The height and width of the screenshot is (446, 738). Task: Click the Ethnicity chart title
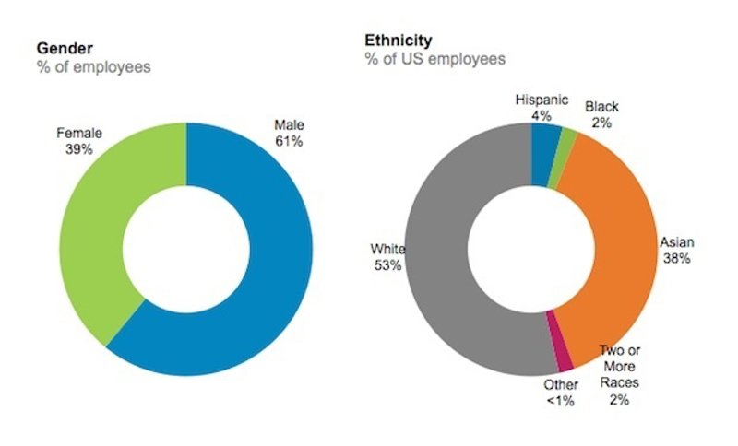click(x=399, y=41)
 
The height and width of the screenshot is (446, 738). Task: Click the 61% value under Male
click(x=289, y=141)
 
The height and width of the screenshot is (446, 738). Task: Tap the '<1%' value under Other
click(x=560, y=402)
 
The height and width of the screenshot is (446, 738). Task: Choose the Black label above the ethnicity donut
click(x=601, y=107)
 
